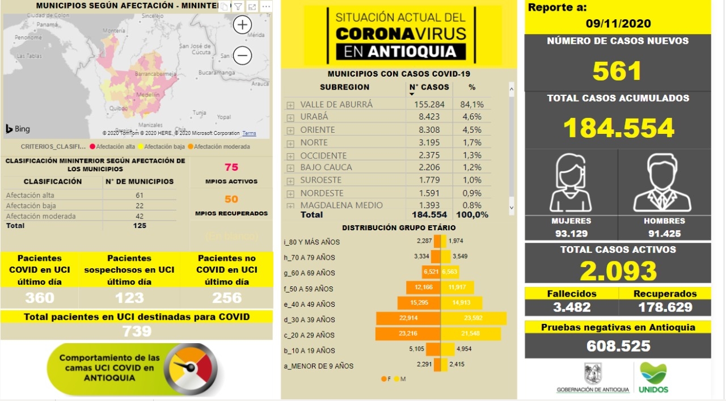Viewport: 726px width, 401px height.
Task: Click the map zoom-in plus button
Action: click(x=242, y=25)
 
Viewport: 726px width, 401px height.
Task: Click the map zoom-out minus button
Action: click(x=242, y=56)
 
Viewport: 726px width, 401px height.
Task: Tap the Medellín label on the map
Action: click(x=148, y=95)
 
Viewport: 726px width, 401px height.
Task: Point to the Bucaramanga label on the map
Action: click(x=216, y=73)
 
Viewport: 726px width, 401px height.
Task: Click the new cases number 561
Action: click(x=617, y=71)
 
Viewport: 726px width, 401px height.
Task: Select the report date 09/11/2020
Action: click(x=618, y=24)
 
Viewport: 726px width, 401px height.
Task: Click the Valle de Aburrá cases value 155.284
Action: click(x=429, y=104)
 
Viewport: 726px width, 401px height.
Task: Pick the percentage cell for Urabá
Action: click(x=472, y=117)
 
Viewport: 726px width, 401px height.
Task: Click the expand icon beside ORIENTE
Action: click(x=290, y=130)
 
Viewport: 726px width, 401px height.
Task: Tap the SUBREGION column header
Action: click(x=344, y=87)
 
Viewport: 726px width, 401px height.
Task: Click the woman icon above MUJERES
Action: click(x=571, y=184)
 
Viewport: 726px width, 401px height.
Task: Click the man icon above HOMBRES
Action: click(x=663, y=184)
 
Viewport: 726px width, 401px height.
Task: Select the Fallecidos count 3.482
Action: click(x=571, y=307)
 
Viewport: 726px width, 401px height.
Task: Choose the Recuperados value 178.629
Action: click(x=664, y=307)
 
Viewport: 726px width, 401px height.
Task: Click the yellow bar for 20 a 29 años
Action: click(x=470, y=335)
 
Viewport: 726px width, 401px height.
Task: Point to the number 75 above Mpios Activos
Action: click(x=231, y=167)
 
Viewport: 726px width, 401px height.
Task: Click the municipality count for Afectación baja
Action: click(x=140, y=205)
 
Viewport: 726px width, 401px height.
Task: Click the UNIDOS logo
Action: click(x=653, y=378)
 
